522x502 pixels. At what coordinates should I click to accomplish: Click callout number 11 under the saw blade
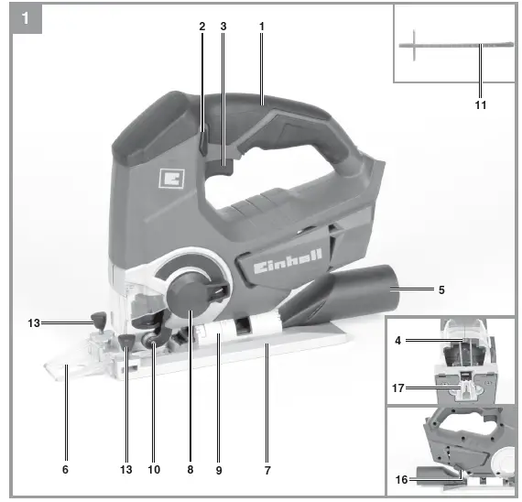pos(481,104)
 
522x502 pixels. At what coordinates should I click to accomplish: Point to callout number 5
pos(441,290)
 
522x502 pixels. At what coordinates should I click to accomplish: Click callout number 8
pos(190,470)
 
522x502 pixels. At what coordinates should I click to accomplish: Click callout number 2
pos(201,27)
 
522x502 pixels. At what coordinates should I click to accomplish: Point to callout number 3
pos(223,27)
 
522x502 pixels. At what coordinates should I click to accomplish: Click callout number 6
pos(64,470)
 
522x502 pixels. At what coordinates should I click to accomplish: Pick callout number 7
pos(267,470)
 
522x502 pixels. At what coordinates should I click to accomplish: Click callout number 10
pos(153,470)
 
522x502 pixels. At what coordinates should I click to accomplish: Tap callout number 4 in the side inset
pos(399,342)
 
